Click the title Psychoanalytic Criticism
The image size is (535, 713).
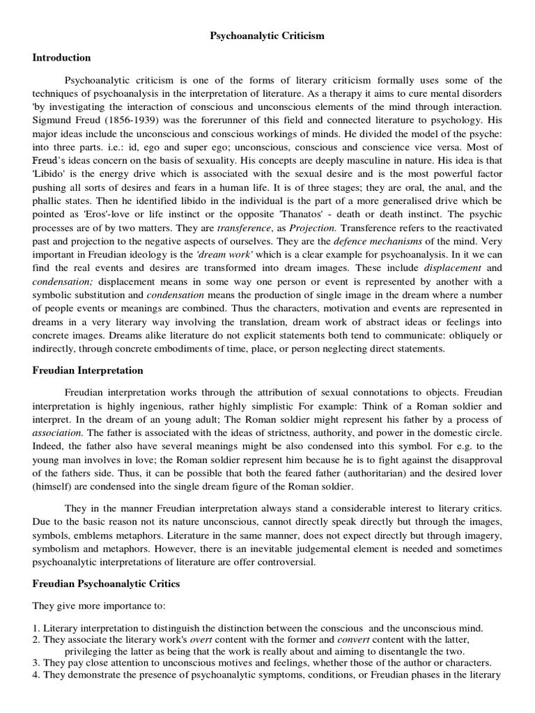click(x=267, y=36)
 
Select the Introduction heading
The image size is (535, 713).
click(x=62, y=58)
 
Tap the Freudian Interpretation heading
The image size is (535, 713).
click(x=88, y=370)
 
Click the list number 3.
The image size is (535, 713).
click(x=37, y=663)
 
